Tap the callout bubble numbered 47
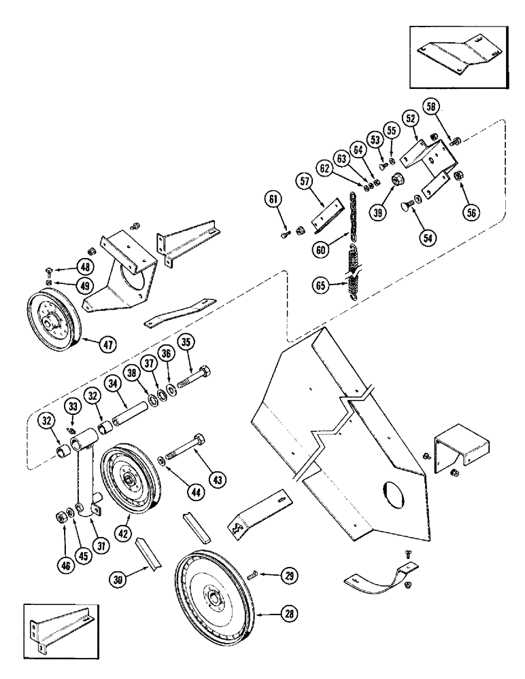106,344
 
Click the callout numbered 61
272,198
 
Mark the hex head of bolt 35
203,372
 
